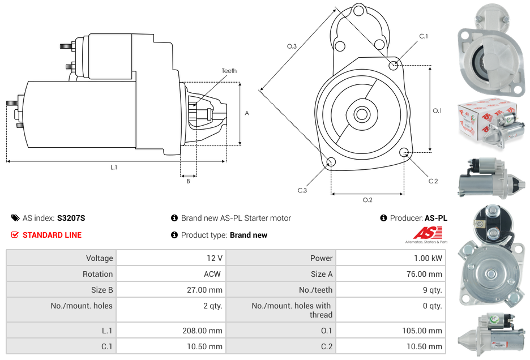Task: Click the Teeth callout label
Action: click(229, 71)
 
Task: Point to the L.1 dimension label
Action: click(114, 167)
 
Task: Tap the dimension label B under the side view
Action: click(188, 181)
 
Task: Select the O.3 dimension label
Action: click(292, 46)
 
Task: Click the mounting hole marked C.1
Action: click(394, 65)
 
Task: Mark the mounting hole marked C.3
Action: click(331, 163)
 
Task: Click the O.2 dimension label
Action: click(367, 200)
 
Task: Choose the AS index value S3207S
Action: click(71, 218)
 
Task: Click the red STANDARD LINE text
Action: click(52, 235)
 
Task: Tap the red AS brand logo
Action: click(425, 233)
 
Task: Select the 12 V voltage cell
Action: click(215, 258)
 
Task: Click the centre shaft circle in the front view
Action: click(361, 114)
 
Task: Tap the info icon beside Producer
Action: click(383, 218)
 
